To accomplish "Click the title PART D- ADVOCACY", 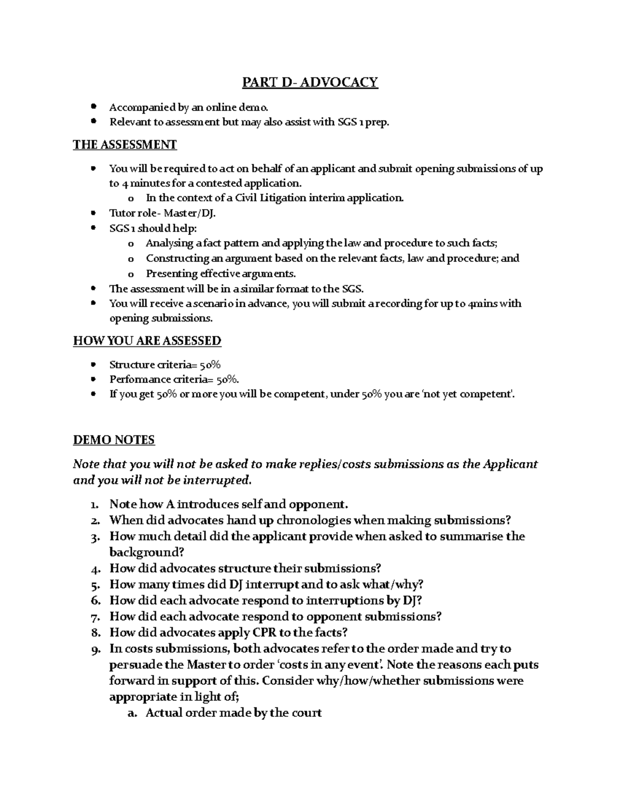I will [x=310, y=82].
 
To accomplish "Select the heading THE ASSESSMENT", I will [x=125, y=145].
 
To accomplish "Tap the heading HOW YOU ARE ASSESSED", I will [x=147, y=341].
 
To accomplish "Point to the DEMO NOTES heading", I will [x=114, y=440].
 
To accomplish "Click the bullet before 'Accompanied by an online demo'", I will [x=93, y=107].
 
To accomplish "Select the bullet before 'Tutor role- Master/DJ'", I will [x=93, y=213].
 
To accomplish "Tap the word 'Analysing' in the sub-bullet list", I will [x=169, y=243].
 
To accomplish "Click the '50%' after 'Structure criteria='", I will [x=210, y=365].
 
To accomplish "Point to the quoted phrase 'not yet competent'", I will [x=468, y=394].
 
